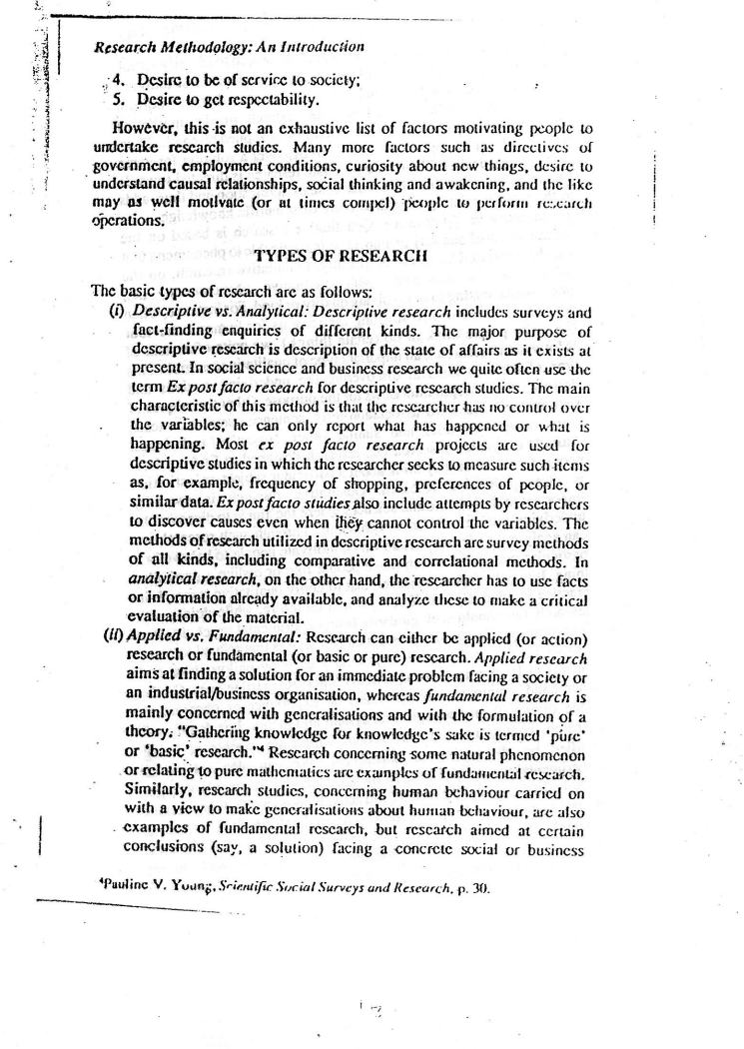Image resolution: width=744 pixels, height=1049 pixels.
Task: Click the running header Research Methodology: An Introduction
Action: point(229,46)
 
